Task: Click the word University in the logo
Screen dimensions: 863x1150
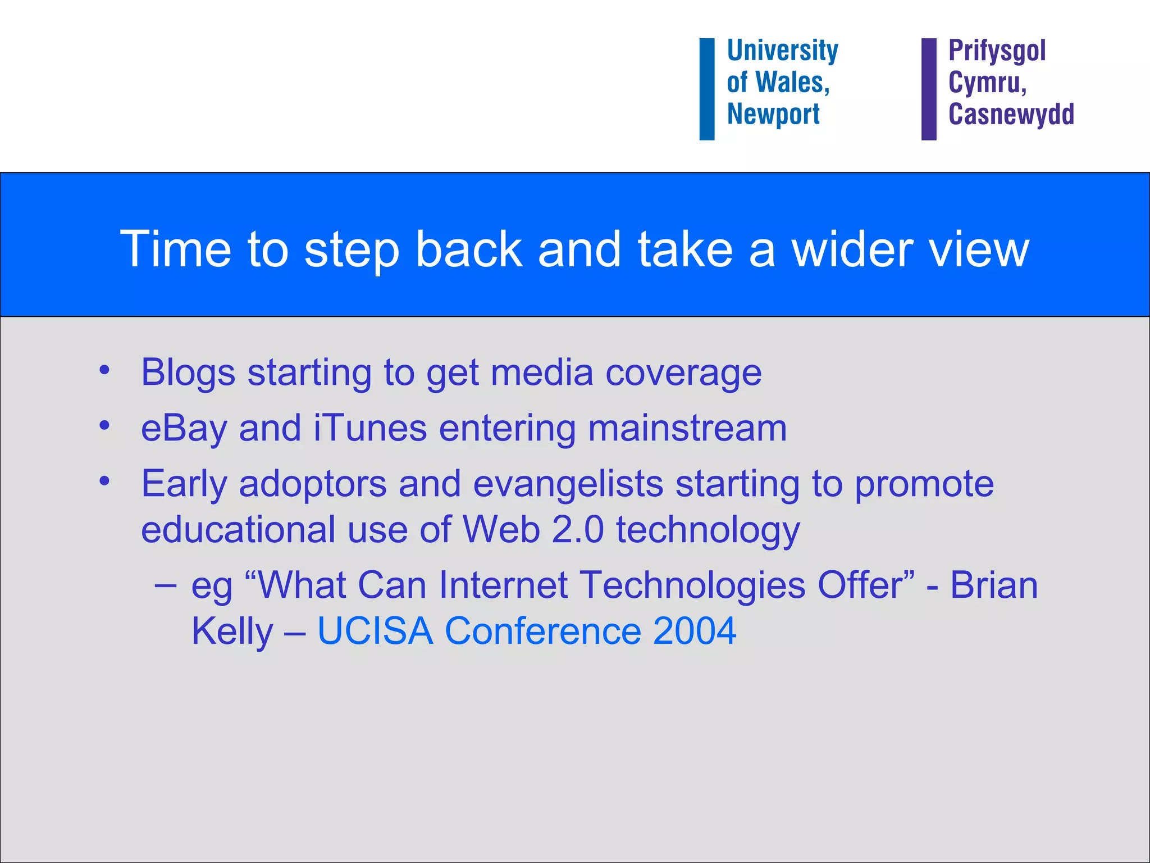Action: [x=782, y=51]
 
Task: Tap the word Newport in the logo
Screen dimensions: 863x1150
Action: [x=773, y=114]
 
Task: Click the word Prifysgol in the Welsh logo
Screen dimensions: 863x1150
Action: [x=997, y=51]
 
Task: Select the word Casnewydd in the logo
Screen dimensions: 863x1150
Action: [x=1011, y=114]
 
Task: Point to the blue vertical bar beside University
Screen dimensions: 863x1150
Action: [x=706, y=89]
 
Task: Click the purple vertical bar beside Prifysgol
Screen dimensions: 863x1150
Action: [x=929, y=89]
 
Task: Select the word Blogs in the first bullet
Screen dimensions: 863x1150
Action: [x=188, y=373]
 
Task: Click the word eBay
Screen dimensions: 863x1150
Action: [x=184, y=429]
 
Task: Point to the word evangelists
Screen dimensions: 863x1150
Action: [x=568, y=484]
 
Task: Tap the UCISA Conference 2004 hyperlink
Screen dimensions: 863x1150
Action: [x=527, y=631]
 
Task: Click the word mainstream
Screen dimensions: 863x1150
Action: [x=687, y=428]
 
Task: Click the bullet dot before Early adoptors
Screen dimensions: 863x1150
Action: [x=104, y=481]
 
